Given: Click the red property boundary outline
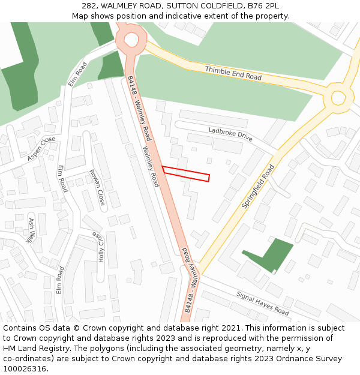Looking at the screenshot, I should tap(185, 173).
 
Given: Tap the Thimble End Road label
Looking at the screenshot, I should tap(233, 74).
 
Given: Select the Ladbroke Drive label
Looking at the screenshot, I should tap(230, 133).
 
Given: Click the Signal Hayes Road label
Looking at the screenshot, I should tap(262, 304).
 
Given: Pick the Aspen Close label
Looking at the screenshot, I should tap(41, 149).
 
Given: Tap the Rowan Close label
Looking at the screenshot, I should tap(97, 187).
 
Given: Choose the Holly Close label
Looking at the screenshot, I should tap(97, 247).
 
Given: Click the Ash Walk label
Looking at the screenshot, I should tap(31, 230).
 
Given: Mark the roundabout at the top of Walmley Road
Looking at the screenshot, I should tap(131, 40).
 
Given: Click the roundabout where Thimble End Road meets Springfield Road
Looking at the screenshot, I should tap(338, 97).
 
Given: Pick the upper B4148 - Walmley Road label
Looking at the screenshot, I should tap(139, 108).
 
